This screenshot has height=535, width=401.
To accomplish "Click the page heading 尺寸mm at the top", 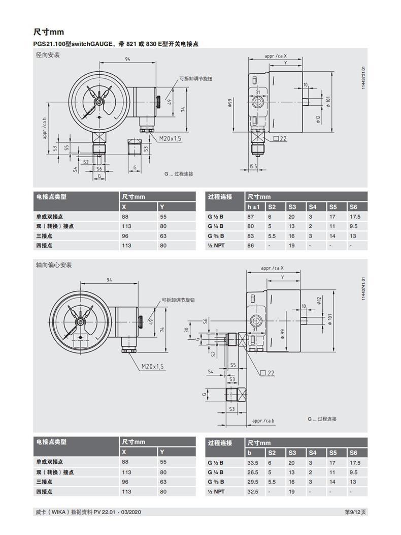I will pos(49,32).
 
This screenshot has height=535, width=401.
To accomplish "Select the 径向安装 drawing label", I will pos(47,55).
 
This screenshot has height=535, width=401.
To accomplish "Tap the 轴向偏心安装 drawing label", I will pos(54,265).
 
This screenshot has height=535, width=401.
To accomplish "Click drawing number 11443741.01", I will pos(363,288).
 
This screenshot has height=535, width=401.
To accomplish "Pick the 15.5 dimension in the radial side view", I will pos(253,166).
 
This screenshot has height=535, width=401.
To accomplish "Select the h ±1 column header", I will pos(253,206).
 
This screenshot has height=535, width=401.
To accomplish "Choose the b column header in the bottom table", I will pos(249,453).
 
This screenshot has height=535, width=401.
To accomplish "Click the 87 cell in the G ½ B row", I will pos(250,217).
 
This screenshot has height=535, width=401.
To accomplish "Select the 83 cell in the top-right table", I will pos(250,236).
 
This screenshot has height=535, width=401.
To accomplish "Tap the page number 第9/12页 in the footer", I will pos(356,512).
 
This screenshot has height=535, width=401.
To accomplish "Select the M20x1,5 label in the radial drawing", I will pos(170,138).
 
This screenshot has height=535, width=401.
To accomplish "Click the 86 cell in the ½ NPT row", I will pos(250,245).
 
